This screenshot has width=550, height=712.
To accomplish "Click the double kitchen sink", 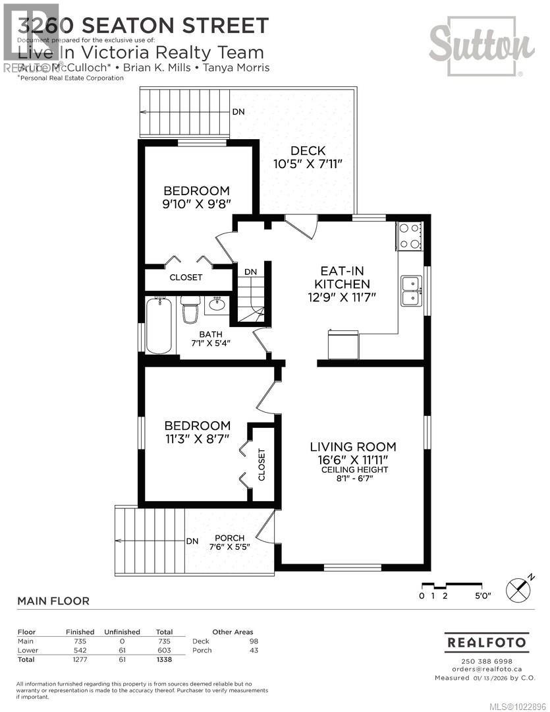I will pyautogui.click(x=412, y=291).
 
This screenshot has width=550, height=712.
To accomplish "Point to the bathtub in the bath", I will pyautogui.click(x=159, y=326).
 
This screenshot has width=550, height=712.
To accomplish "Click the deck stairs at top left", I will pyautogui.click(x=183, y=112).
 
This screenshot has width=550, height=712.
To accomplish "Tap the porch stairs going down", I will pyautogui.click(x=149, y=541).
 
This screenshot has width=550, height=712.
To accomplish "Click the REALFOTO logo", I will pyautogui.click(x=487, y=641).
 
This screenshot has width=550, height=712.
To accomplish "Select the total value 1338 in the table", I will pyautogui.click(x=163, y=659).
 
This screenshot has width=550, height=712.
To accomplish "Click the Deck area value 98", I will pyautogui.click(x=254, y=641).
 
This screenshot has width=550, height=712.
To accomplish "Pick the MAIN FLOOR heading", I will pyautogui.click(x=53, y=601).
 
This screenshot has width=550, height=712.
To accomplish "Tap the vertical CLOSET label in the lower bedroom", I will pyautogui.click(x=261, y=464).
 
